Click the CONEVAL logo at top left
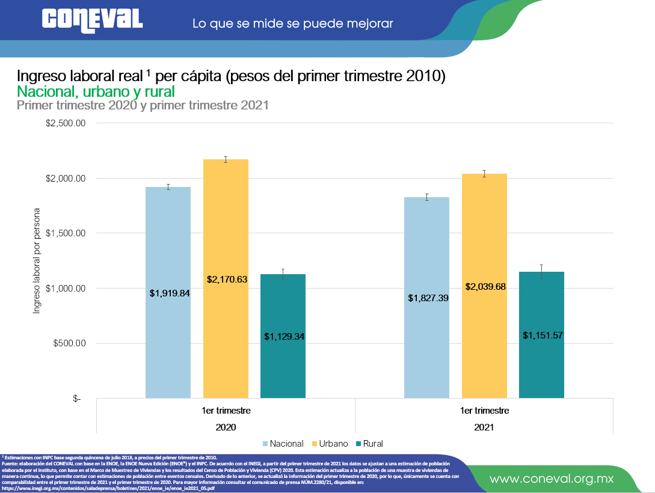(x=92, y=20)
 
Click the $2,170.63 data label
(x=227, y=280)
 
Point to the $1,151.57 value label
(x=543, y=335)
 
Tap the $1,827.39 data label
(x=428, y=298)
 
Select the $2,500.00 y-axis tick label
(x=66, y=123)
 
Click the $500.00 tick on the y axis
(x=69, y=344)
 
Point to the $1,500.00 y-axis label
(x=66, y=233)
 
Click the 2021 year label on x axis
(x=484, y=427)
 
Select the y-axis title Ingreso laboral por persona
(x=37, y=261)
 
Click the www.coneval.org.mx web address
(x=551, y=479)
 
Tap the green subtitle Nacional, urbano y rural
(x=96, y=91)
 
